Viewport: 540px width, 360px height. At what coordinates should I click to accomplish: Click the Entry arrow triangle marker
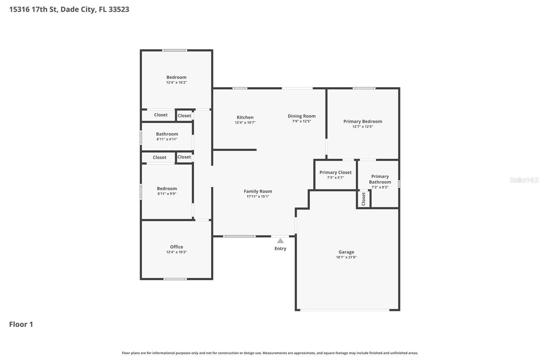pyautogui.click(x=280, y=241)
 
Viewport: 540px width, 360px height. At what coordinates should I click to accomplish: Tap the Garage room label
pyautogui.click(x=346, y=252)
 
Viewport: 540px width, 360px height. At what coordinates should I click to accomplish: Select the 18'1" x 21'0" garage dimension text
pyautogui.click(x=346, y=257)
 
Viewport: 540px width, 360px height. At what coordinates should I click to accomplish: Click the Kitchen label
pyautogui.click(x=245, y=117)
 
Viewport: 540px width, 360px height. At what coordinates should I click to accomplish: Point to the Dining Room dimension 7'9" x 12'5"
pyautogui.click(x=301, y=121)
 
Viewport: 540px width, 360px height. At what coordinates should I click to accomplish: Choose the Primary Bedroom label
pyautogui.click(x=362, y=121)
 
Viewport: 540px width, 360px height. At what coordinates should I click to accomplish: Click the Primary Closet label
pyautogui.click(x=335, y=172)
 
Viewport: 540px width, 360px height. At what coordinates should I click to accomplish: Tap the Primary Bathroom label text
pyautogui.click(x=380, y=179)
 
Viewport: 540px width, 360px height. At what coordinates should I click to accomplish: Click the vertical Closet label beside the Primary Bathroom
pyautogui.click(x=363, y=199)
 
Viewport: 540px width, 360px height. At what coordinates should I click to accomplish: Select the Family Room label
pyautogui.click(x=258, y=191)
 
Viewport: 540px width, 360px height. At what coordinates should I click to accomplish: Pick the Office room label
pyautogui.click(x=177, y=247)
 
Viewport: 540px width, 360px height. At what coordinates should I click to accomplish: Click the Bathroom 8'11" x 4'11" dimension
pyautogui.click(x=167, y=139)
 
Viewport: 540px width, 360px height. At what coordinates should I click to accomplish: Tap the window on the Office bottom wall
pyautogui.click(x=175, y=279)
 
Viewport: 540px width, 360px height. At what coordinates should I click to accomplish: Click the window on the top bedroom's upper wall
pyautogui.click(x=174, y=50)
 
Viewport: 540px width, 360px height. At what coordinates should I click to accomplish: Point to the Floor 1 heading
pyautogui.click(x=21, y=324)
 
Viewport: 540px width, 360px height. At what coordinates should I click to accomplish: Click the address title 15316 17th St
pyautogui.click(x=69, y=9)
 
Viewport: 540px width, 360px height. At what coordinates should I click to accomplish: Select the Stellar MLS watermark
pyautogui.click(x=524, y=180)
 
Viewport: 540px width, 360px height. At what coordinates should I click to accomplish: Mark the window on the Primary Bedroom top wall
pyautogui.click(x=364, y=88)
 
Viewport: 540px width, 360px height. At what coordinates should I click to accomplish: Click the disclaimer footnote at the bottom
pyautogui.click(x=270, y=353)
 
